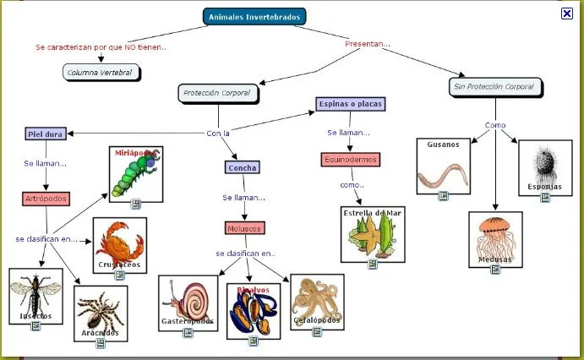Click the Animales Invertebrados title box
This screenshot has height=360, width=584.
(254, 16)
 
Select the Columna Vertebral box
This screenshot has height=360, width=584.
(100, 73)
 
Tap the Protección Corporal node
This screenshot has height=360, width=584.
(217, 92)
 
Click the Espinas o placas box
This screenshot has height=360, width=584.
(351, 104)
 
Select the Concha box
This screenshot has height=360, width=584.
(243, 167)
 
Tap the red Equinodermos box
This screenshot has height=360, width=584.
(351, 159)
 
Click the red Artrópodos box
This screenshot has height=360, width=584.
(46, 199)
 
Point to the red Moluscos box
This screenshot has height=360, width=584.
(245, 228)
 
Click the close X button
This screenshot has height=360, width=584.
(566, 13)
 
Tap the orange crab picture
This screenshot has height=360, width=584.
(119, 243)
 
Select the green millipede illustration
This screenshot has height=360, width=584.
(135, 173)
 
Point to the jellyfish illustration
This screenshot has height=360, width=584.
(495, 237)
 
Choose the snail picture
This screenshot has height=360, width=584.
(189, 301)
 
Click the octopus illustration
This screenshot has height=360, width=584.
(316, 299)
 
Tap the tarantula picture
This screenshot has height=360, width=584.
(101, 311)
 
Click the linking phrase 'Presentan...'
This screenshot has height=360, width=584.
(368, 43)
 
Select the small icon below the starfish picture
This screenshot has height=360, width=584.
(372, 265)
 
